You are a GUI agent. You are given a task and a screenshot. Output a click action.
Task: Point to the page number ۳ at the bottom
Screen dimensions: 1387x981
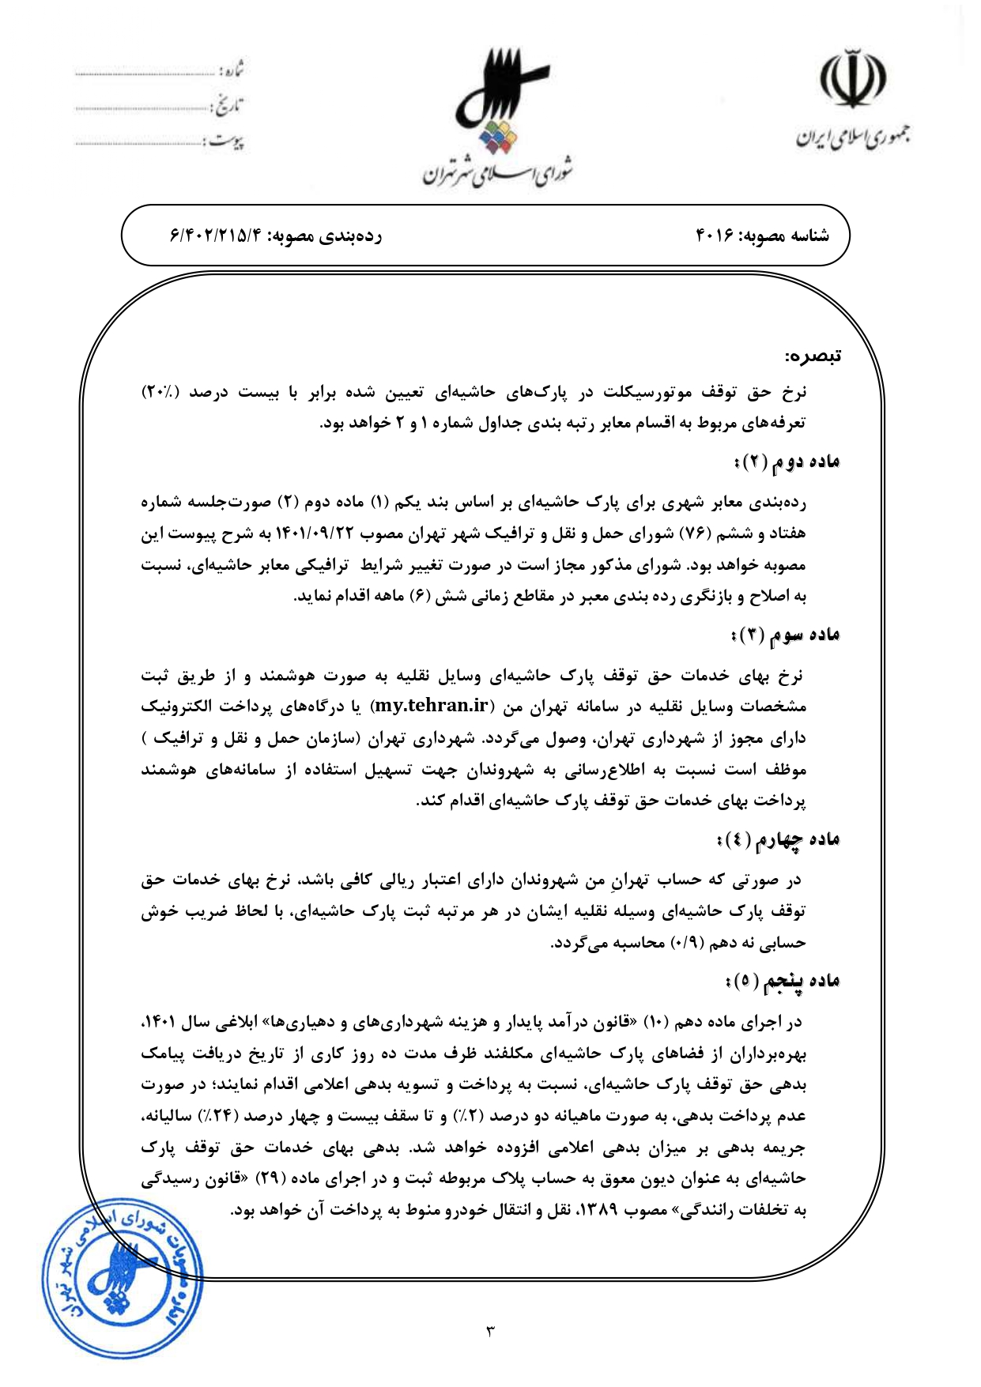(x=490, y=1332)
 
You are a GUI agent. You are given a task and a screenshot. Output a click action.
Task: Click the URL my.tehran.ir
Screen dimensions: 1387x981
(x=430, y=706)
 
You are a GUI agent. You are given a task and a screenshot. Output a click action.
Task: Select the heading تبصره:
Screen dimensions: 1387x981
(x=813, y=356)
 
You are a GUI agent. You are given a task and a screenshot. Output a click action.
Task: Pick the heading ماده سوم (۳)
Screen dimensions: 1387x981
(x=785, y=635)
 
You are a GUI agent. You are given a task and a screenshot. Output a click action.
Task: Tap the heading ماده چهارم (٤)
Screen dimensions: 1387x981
(x=779, y=839)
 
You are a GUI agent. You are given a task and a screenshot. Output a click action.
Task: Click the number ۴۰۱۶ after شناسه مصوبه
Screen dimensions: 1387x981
(x=715, y=236)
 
